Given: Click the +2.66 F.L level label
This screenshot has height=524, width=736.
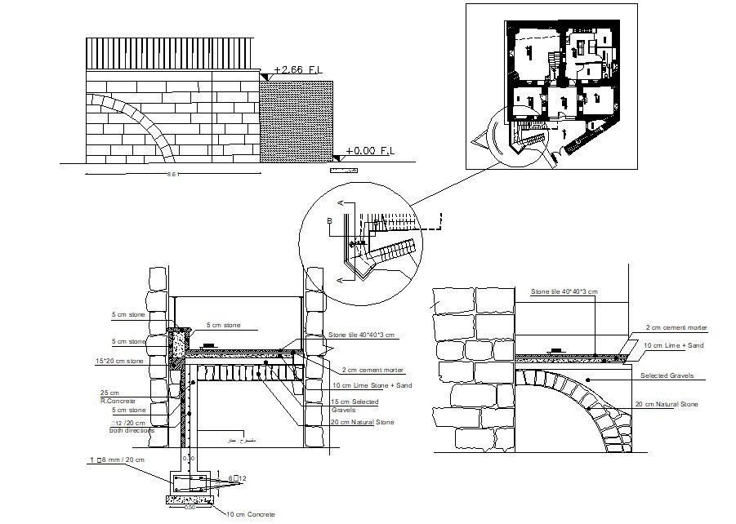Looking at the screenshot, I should [299, 71].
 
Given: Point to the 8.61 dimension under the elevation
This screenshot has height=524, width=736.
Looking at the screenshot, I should [172, 175].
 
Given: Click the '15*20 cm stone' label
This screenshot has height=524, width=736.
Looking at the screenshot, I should [119, 360].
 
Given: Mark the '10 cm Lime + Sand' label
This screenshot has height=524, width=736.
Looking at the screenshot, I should [674, 346].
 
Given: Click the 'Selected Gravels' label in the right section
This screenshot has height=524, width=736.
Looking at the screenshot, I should [667, 375].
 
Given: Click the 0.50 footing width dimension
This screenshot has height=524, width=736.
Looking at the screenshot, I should [189, 507].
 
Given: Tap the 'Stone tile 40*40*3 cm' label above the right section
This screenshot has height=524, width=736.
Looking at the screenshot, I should [564, 291].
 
